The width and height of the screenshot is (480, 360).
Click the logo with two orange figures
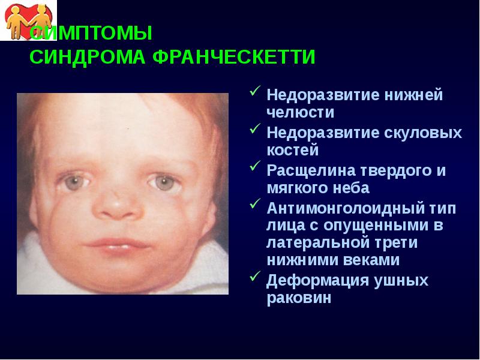pyautogui.click(x=23, y=20)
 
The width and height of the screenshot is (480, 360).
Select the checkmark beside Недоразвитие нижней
pyautogui.click(x=254, y=92)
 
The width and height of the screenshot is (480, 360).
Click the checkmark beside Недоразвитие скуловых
pyautogui.click(x=254, y=129)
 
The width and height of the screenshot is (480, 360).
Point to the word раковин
pyautogui.click(x=299, y=298)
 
